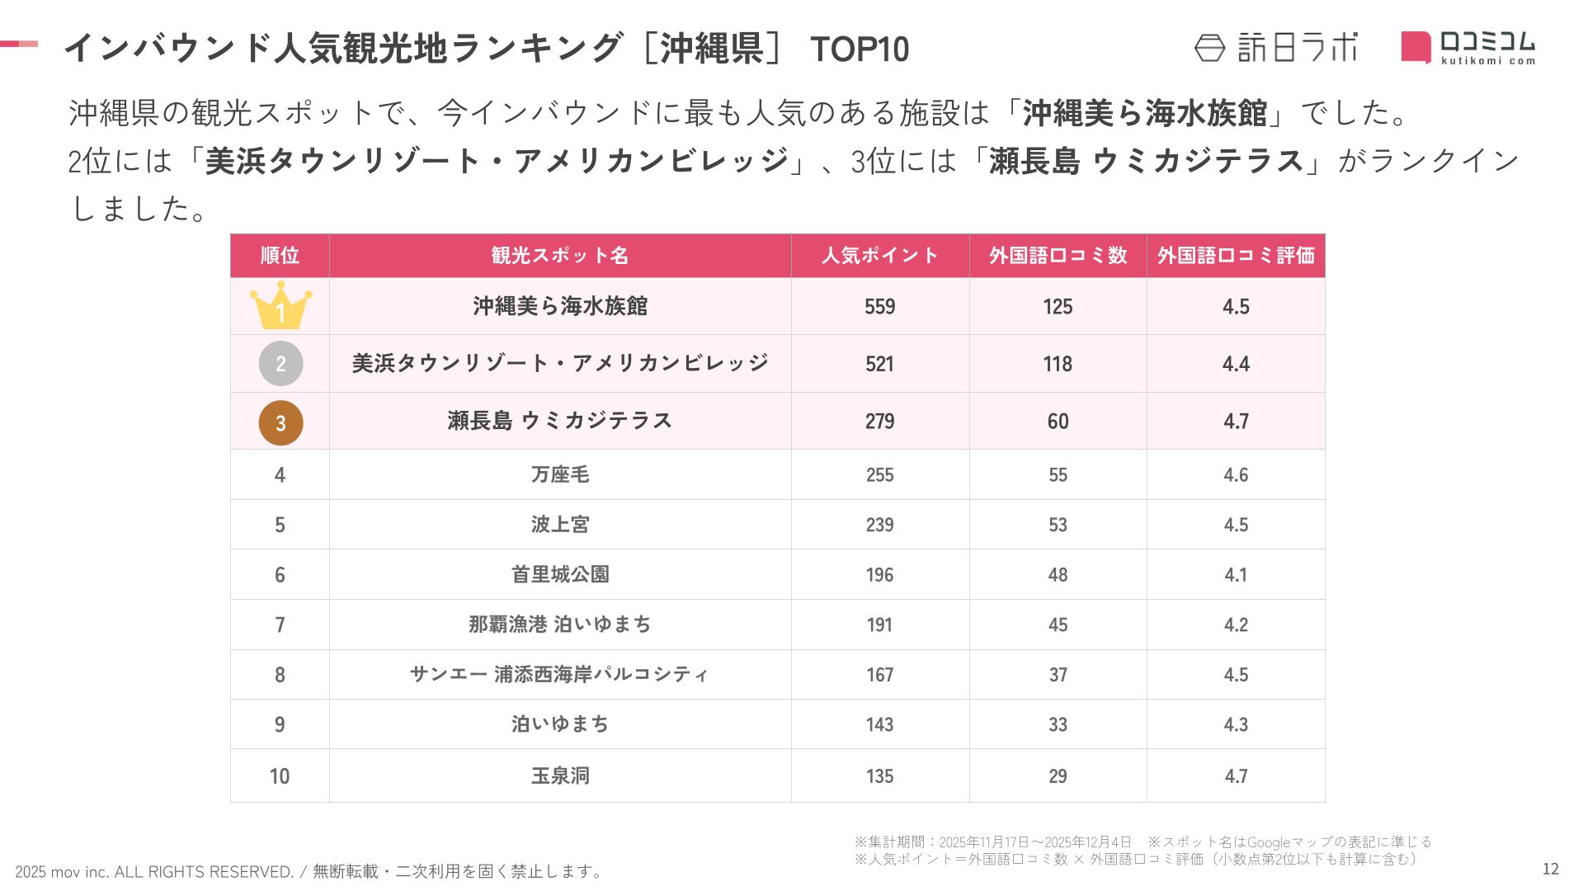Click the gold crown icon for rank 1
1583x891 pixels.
point(280,305)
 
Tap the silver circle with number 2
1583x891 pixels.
point(280,364)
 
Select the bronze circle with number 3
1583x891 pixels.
point(280,422)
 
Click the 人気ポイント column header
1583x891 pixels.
point(879,256)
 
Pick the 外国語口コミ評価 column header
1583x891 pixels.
point(1235,256)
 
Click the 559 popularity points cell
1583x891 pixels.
point(879,307)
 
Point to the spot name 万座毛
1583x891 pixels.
point(560,474)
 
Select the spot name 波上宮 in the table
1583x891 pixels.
point(560,525)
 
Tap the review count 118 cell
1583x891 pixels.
point(1058,364)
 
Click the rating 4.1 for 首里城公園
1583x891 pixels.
point(1235,575)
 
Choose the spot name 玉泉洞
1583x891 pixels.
point(560,775)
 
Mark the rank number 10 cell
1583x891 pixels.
point(280,776)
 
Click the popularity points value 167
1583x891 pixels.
point(879,675)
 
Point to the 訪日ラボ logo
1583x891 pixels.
point(1275,48)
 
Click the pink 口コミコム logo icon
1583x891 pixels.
point(1416,47)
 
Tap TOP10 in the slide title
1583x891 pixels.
point(860,49)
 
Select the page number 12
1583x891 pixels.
point(1550,869)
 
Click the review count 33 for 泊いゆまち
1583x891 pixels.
point(1058,724)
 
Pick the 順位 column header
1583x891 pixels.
point(280,256)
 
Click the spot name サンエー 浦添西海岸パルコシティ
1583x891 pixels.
point(560,675)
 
